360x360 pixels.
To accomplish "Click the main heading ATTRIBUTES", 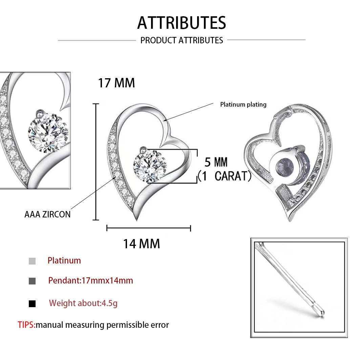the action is coord(182,23).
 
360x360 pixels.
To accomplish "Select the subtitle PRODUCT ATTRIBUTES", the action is coord(182,40).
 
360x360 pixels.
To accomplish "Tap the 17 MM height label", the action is coord(116,83).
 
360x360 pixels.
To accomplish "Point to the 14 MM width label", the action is coord(141,243).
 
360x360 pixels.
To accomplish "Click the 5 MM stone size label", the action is coord(216,162).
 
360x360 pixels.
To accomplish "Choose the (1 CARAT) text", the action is coord(224,176).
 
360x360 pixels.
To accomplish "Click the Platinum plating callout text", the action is coord(243,104).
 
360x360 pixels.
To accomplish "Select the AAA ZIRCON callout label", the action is coord(47,214).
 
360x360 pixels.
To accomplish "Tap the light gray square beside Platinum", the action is coord(32,261).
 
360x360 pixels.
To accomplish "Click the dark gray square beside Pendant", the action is coord(32,281).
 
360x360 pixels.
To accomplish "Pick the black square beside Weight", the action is coord(32,304).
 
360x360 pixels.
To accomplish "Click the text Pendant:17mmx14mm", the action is coord(90,280).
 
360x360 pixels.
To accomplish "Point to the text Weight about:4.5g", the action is coord(83,303).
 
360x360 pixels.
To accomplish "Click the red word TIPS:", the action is coord(26,325).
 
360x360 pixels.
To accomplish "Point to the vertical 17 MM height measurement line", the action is coord(96,162).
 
